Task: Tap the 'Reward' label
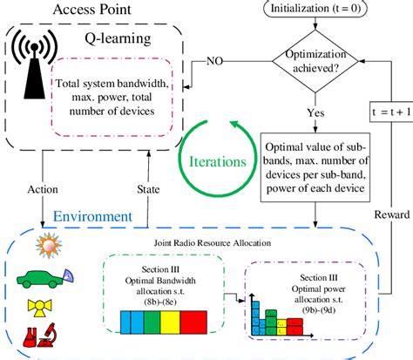click(x=386, y=214)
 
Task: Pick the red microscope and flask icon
click(x=45, y=336)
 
